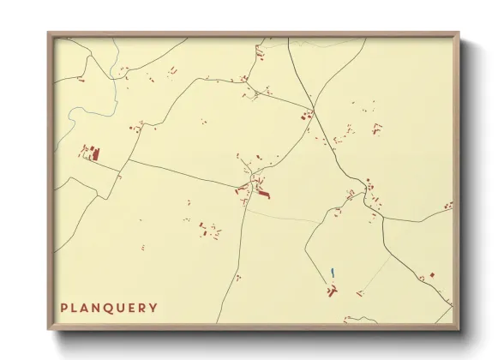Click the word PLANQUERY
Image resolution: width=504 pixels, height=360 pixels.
109,308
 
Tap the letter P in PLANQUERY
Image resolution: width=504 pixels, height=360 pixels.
63,308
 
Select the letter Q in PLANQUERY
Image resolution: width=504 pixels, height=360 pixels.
108,308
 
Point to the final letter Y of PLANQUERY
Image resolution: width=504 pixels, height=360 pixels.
153,308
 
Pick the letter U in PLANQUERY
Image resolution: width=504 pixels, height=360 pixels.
120,308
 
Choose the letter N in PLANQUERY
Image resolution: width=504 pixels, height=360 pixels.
96,308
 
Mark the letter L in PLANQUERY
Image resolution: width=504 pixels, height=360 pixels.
74,308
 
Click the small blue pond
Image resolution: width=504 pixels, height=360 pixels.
332,273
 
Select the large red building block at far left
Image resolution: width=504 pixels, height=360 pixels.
95,154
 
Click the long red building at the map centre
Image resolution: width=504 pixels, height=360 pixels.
262,196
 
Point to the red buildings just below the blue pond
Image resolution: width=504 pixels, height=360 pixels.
331,291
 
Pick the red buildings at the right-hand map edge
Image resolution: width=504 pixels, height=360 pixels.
447,206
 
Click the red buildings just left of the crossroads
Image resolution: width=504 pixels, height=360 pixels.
303,117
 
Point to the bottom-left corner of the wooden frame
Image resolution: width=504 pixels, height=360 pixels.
49,329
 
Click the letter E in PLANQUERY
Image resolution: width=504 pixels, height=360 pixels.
131,308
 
